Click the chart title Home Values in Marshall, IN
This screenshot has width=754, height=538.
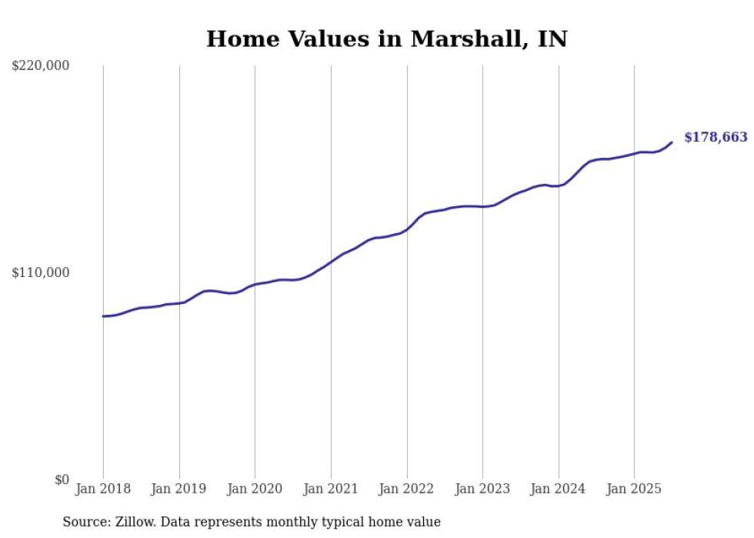tap(386, 39)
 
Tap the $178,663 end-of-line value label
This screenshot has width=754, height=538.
tap(716, 138)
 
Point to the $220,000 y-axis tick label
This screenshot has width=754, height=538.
tap(41, 66)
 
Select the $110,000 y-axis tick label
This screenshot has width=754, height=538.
tap(41, 272)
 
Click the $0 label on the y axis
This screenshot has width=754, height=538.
tap(62, 480)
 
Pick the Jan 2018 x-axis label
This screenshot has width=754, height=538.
tap(103, 489)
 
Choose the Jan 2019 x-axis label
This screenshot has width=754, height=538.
tap(179, 489)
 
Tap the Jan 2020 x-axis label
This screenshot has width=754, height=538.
tap(255, 489)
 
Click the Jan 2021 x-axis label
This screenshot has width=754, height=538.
tap(331, 489)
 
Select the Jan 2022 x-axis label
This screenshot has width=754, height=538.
tap(407, 489)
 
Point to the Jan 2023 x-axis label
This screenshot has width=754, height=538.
tap(482, 489)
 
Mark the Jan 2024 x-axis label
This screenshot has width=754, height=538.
tap(559, 489)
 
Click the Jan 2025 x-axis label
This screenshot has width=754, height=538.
tap(634, 489)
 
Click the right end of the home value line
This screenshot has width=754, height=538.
tap(672, 142)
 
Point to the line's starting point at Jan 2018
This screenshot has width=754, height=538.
tap(103, 316)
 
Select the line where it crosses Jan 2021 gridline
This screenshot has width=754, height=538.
tap(331, 262)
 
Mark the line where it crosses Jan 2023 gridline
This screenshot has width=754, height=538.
tap(482, 206)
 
